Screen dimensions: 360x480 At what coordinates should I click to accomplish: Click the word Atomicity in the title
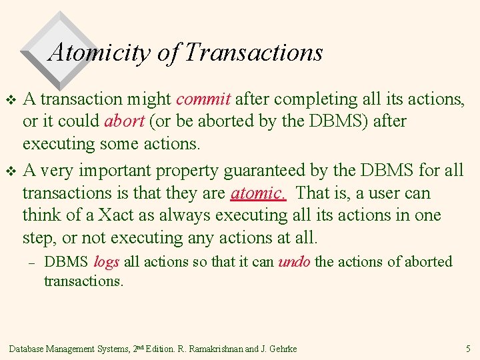pyautogui.click(x=100, y=52)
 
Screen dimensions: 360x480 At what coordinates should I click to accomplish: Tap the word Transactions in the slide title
pyautogui.click(x=253, y=52)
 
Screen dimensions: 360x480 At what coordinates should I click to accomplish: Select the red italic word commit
pyautogui.click(x=203, y=99)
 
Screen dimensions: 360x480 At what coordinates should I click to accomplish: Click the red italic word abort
pyautogui.click(x=122, y=122)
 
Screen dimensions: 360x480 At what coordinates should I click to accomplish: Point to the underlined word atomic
pyautogui.click(x=258, y=193)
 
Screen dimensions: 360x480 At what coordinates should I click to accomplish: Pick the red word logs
pyautogui.click(x=107, y=262)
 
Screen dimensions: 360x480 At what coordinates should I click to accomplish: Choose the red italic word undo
pyautogui.click(x=294, y=262)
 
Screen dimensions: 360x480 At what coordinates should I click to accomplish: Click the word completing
pyautogui.click(x=315, y=99)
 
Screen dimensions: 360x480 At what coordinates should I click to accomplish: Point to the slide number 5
pyautogui.click(x=468, y=348)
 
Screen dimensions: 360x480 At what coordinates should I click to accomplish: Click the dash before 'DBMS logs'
pyautogui.click(x=29, y=263)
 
